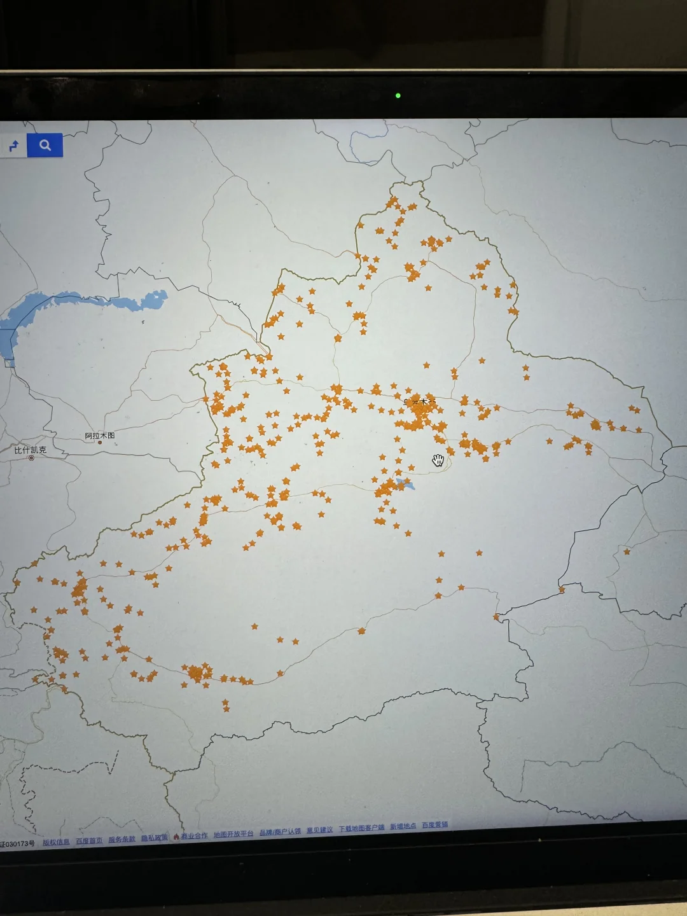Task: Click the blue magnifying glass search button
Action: click(45, 145)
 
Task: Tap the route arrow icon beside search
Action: click(14, 146)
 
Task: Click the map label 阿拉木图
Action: click(100, 436)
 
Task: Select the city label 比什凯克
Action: click(31, 450)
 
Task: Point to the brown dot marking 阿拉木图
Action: click(100, 442)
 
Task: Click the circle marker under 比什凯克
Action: click(31, 457)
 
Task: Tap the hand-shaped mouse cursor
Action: click(438, 460)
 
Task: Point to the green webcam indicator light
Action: click(398, 95)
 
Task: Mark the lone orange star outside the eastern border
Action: click(627, 552)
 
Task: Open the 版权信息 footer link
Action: click(57, 842)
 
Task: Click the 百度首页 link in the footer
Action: click(89, 840)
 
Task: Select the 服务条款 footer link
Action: click(121, 839)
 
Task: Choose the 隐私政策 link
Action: click(154, 838)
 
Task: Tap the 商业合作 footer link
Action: click(195, 836)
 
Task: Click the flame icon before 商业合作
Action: click(176, 836)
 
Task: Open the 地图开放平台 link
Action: click(233, 834)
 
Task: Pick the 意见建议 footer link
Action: click(319, 830)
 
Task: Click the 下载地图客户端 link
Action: click(361, 828)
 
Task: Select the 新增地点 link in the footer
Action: click(403, 826)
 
